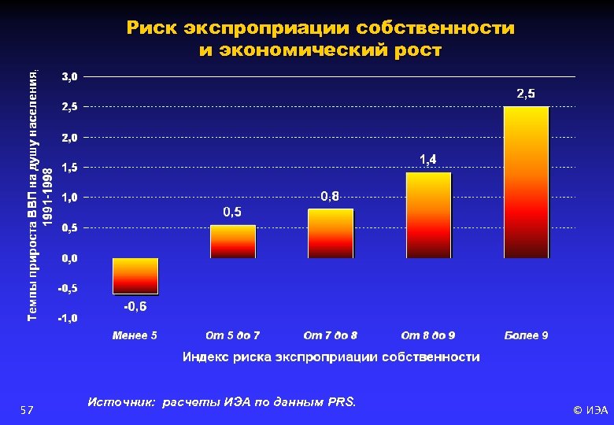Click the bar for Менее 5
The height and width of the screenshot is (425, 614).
tap(135, 275)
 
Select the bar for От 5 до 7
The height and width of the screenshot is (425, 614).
tap(233, 242)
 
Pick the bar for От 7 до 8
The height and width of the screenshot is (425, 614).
tap(331, 233)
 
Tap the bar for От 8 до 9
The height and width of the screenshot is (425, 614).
tap(428, 215)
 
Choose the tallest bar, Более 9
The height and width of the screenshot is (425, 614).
tap(526, 182)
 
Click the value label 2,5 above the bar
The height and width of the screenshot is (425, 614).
tap(526, 94)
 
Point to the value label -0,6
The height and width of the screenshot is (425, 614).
tap(135, 306)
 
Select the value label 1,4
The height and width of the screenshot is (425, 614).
tap(428, 160)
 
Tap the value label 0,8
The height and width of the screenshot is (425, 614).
tap(331, 196)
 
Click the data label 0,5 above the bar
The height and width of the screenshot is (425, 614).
tap(232, 213)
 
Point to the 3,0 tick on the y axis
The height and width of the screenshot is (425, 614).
tap(70, 76)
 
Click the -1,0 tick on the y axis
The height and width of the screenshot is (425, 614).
tap(67, 319)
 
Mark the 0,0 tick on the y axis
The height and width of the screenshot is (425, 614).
tap(70, 258)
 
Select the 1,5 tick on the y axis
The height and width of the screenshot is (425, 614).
tap(70, 168)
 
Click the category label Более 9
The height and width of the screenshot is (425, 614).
tap(526, 336)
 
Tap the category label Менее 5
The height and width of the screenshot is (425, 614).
tap(135, 336)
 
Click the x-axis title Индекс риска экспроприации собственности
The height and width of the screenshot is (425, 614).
tap(331, 357)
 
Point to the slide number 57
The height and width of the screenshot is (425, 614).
tap(26, 410)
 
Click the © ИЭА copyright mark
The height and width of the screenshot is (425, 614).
tap(590, 410)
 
